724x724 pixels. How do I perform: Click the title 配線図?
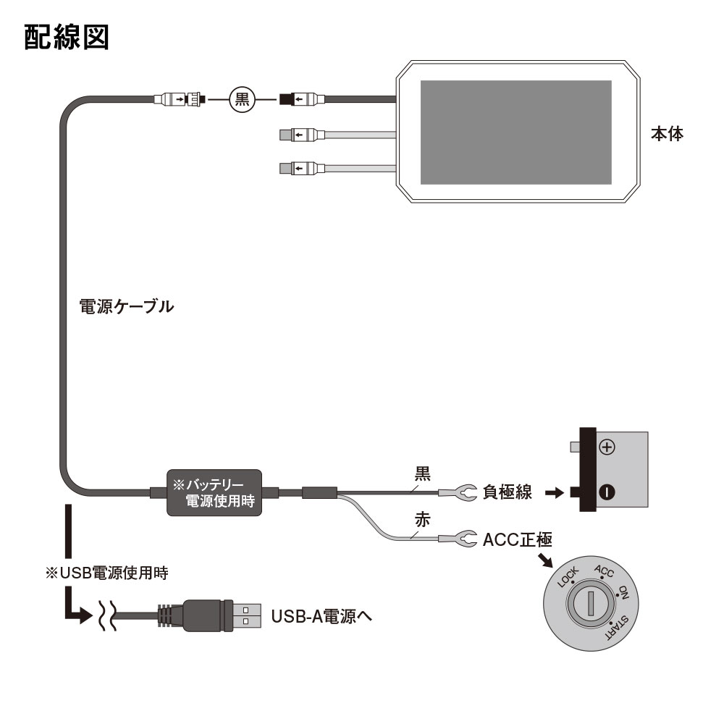[x=67, y=37]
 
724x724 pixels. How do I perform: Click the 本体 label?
[x=667, y=134]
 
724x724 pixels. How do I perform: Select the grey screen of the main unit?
[x=516, y=132]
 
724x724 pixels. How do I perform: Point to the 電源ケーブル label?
[x=126, y=306]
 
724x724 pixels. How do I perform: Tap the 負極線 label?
[x=507, y=493]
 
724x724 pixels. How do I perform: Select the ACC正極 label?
[x=517, y=539]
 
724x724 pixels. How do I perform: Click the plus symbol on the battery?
[x=607, y=448]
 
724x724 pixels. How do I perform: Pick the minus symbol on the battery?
[x=607, y=493]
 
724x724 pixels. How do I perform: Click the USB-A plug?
[x=217, y=615]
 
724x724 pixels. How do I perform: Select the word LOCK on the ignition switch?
[x=568, y=578]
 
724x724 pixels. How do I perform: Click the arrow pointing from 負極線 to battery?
[x=554, y=493]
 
